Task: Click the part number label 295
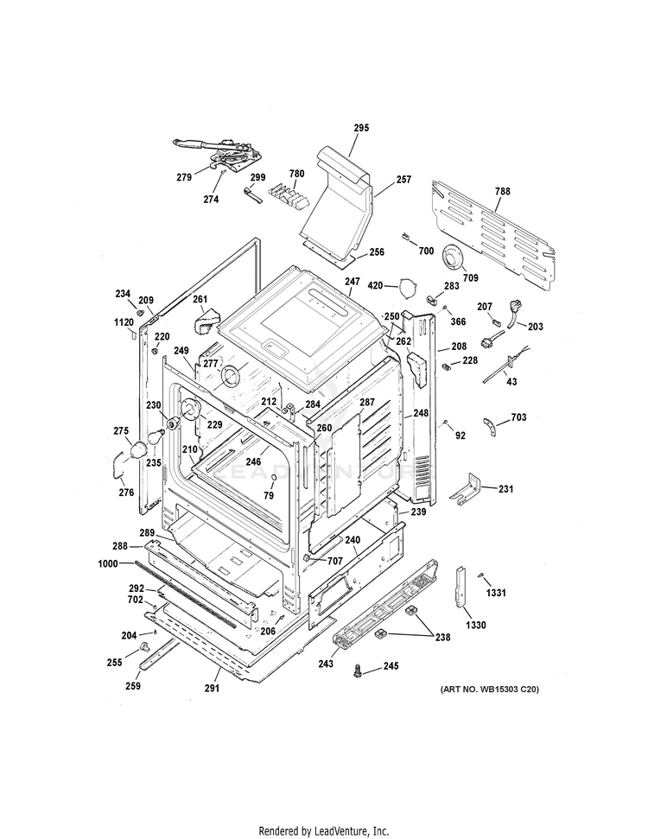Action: [361, 128]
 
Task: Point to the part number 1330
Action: [475, 624]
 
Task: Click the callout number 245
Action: [391, 666]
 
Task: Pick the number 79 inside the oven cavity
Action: [269, 495]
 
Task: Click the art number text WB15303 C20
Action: [489, 689]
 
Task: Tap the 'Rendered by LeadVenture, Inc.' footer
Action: [324, 831]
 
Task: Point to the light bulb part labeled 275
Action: [137, 448]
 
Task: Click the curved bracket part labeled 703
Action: [492, 424]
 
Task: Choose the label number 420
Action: [376, 285]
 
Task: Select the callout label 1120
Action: [123, 322]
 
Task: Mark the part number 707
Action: [335, 562]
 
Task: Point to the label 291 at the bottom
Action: [212, 689]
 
